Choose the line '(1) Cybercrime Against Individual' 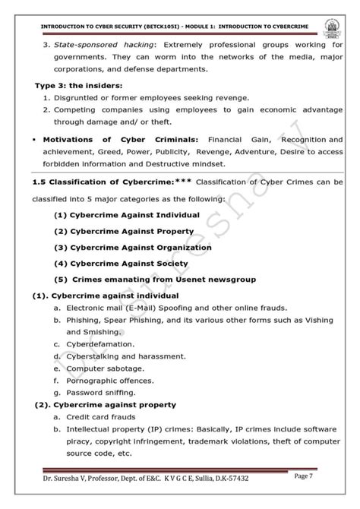127,215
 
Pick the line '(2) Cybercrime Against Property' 125,231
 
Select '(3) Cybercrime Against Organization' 133,247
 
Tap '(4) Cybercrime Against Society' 121,263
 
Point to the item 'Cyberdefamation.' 100,344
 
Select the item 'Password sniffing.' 100,393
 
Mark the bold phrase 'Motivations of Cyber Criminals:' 118,140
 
